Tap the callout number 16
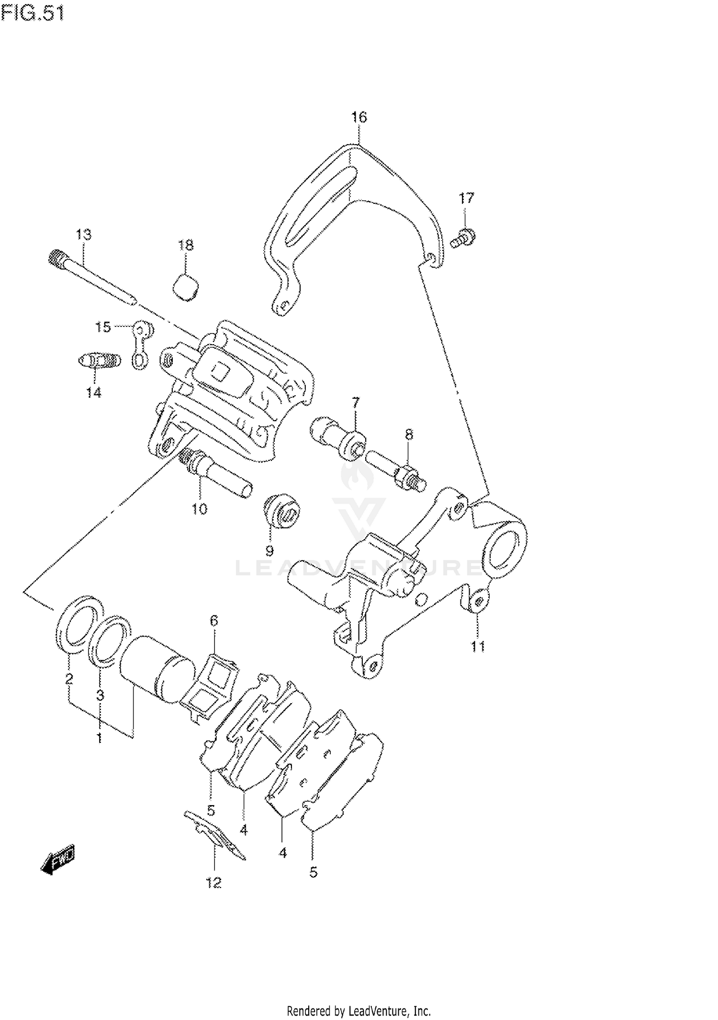coord(359,117)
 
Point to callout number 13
coord(83,235)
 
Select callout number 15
coord(102,327)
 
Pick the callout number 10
coord(199,509)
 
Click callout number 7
coord(356,403)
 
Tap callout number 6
coord(214,621)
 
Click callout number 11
coord(478,647)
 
